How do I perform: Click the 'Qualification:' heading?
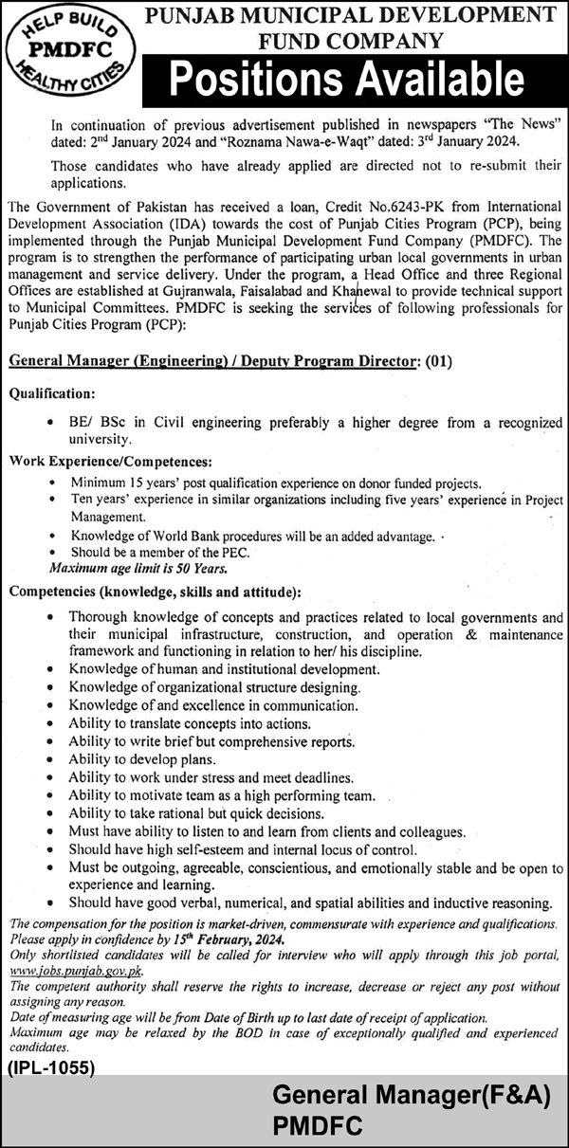(52, 391)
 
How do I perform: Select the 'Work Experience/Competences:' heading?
(110, 461)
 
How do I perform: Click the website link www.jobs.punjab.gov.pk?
(75, 972)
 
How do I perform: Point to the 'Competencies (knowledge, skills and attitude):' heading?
(155, 592)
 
